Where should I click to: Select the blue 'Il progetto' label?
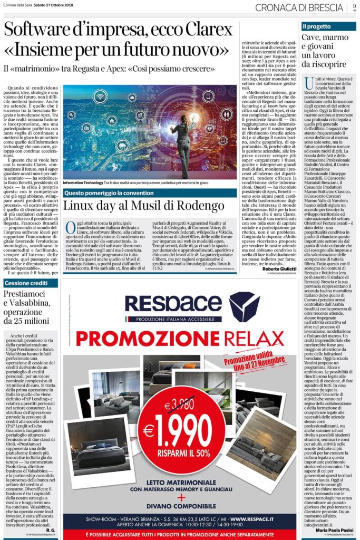tap(317, 26)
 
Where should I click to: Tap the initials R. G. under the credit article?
tap(49, 529)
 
